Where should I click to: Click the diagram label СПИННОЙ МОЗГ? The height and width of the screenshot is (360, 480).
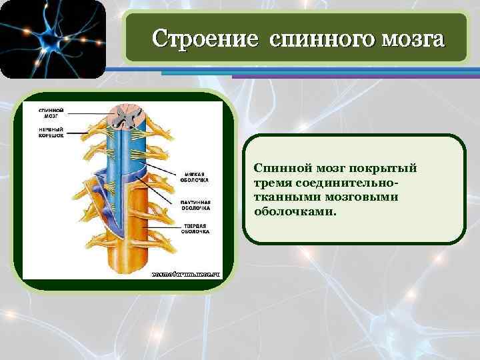click(51, 112)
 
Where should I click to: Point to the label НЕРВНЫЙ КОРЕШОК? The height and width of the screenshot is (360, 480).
click(51, 131)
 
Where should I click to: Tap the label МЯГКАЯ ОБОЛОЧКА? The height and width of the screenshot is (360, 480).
click(194, 177)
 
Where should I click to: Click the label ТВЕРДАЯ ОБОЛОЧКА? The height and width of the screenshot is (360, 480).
click(194, 229)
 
